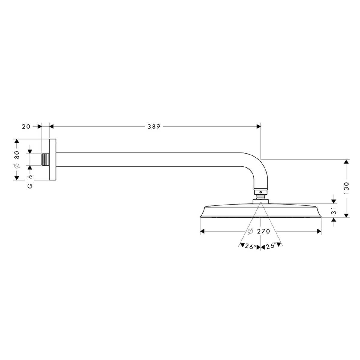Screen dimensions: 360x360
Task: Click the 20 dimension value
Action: (x=26, y=127)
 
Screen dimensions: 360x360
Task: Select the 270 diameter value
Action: (x=264, y=231)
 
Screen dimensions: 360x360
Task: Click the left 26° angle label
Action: (x=250, y=246)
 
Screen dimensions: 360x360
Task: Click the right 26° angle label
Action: (x=271, y=246)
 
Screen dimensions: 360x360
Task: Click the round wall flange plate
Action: (x=53, y=160)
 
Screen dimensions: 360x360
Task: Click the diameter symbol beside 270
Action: (x=251, y=231)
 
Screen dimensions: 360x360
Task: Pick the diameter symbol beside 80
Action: (x=17, y=166)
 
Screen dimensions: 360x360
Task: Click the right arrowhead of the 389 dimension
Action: (x=258, y=127)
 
